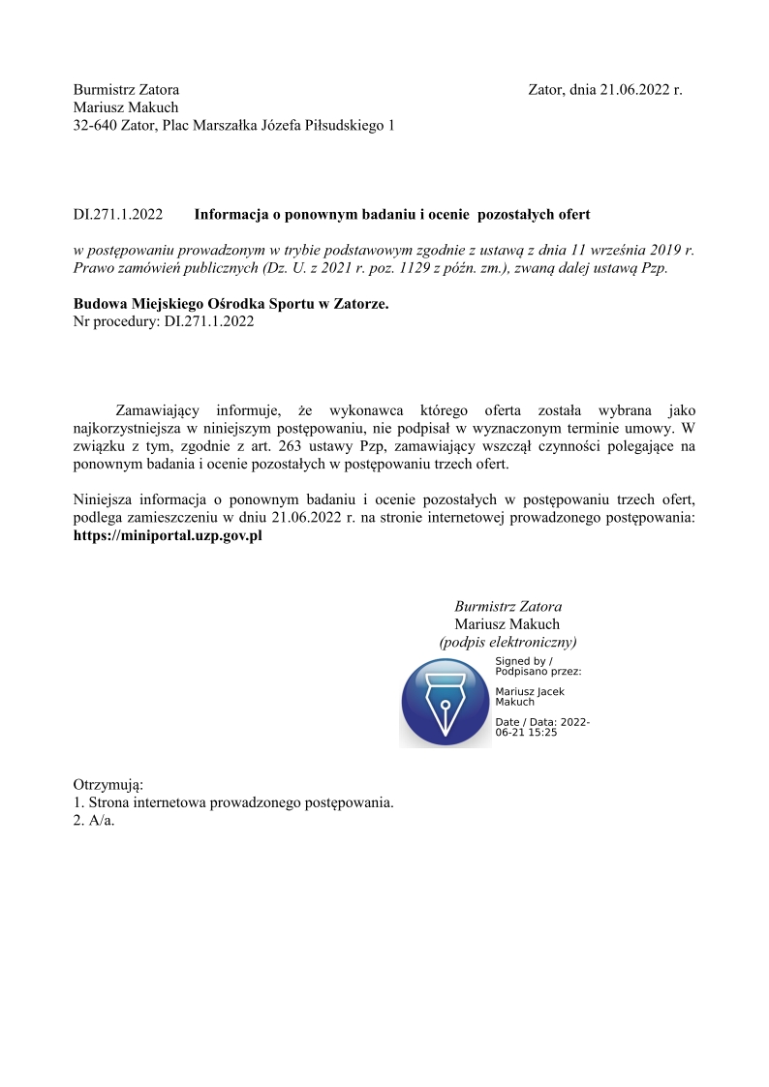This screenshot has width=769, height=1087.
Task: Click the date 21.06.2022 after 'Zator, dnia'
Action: pyautogui.click(x=634, y=89)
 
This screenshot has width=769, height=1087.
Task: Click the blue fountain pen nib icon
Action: pyautogui.click(x=446, y=703)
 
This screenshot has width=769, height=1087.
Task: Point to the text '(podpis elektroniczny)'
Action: pyautogui.click(x=508, y=642)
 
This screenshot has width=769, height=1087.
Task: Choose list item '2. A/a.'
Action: pyautogui.click(x=94, y=821)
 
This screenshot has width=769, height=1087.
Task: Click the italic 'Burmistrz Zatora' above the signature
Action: pyautogui.click(x=508, y=606)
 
